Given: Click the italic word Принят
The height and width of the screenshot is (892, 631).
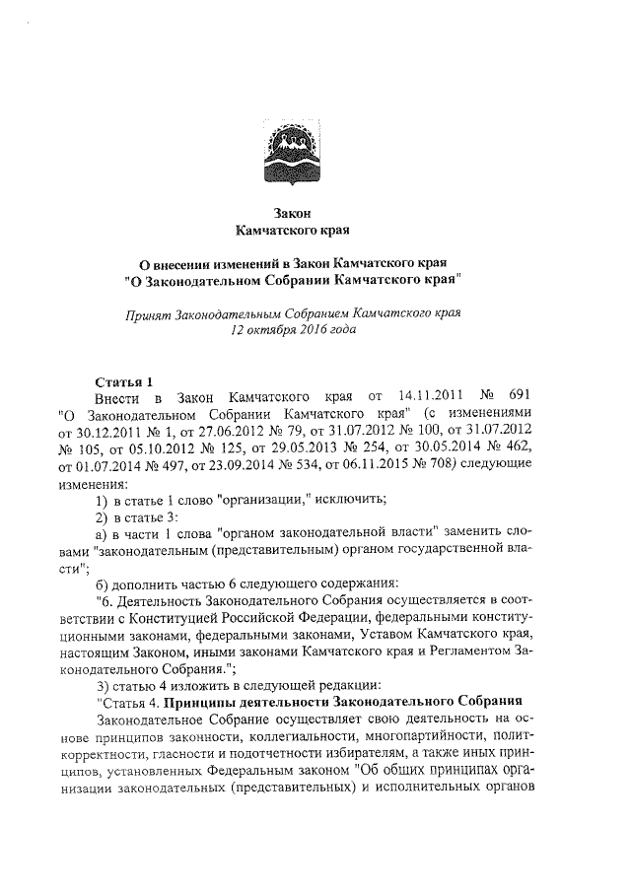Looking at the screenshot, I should pyautogui.click(x=140, y=315).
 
